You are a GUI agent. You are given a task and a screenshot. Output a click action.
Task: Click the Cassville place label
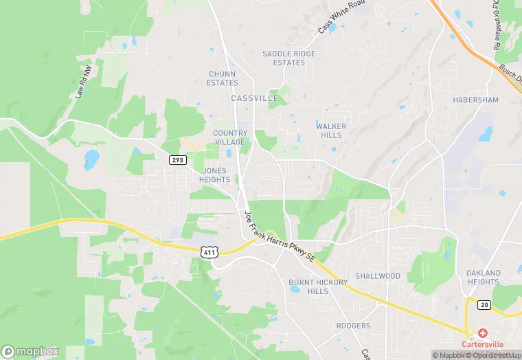254,98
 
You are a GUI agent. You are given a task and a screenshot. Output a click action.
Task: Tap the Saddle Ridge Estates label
284,58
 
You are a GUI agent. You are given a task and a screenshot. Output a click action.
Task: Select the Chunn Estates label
222,78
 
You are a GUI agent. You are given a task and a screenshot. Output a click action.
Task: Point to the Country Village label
229,137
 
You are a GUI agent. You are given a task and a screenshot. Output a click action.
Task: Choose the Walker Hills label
331,131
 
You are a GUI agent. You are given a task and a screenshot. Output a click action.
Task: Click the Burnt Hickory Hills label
308,286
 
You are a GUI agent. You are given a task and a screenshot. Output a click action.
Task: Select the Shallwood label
377,276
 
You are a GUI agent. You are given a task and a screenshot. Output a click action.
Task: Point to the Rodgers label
353,326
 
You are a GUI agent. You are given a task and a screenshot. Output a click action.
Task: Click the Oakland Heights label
483,278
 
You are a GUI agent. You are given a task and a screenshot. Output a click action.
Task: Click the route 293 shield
177,159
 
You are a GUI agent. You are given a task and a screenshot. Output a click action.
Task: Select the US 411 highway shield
209,253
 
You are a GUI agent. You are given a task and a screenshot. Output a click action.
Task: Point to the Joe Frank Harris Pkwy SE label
278,237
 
